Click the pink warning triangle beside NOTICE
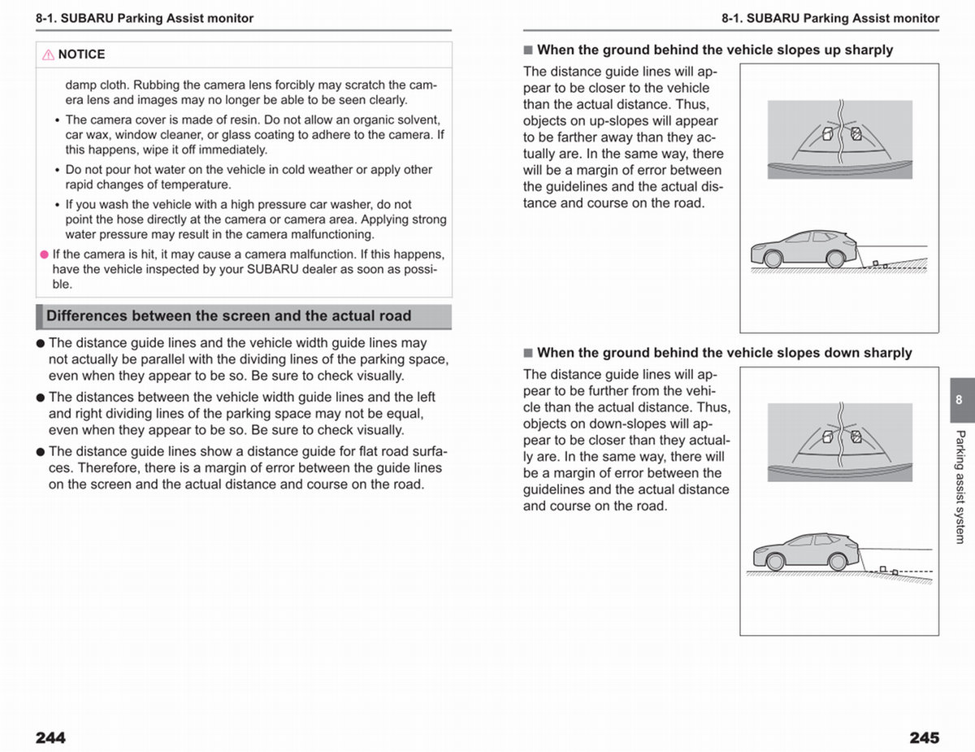tap(48, 54)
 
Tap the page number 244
tap(50, 737)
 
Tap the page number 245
tap(925, 737)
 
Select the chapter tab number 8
tap(959, 399)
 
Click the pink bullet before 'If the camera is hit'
tap(44, 254)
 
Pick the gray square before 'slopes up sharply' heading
tap(528, 50)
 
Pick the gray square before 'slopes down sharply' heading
tap(528, 353)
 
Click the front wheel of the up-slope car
tap(773, 259)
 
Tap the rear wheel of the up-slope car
tap(835, 259)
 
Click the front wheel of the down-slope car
tap(775, 562)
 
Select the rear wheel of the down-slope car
tap(837, 562)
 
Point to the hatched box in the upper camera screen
tap(856, 134)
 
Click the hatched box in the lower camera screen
tap(856, 437)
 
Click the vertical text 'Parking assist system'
tap(960, 487)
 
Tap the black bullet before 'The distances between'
tap(41, 398)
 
